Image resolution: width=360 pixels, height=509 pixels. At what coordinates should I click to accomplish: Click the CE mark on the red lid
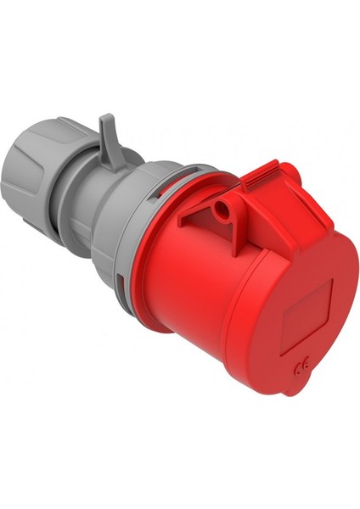301,366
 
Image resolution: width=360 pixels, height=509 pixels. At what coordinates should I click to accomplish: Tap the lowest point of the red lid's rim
293,393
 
